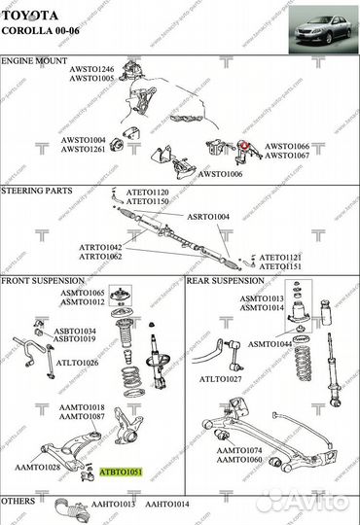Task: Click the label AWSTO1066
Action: click(288, 147)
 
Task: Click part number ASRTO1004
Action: click(208, 216)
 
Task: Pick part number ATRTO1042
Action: click(101, 248)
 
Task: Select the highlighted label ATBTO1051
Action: click(122, 472)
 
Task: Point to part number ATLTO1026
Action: click(78, 363)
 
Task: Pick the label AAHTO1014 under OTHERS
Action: click(166, 504)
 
